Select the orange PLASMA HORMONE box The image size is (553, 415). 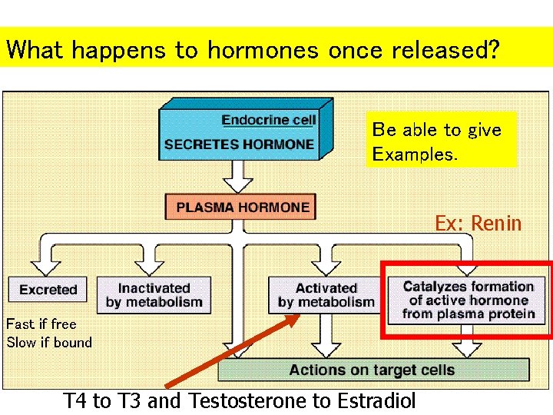tap(241, 207)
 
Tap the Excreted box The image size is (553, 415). tap(48, 290)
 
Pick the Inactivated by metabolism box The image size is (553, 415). tap(154, 295)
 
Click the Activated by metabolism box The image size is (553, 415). tap(326, 295)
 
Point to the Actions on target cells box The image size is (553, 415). tap(373, 370)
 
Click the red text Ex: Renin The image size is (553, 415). tap(478, 224)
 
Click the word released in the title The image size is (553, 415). tap(434, 51)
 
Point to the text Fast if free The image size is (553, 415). tap(41, 324)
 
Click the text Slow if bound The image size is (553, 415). tap(49, 343)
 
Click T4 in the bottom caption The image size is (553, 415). tap(75, 400)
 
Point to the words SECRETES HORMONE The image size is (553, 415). tap(239, 144)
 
